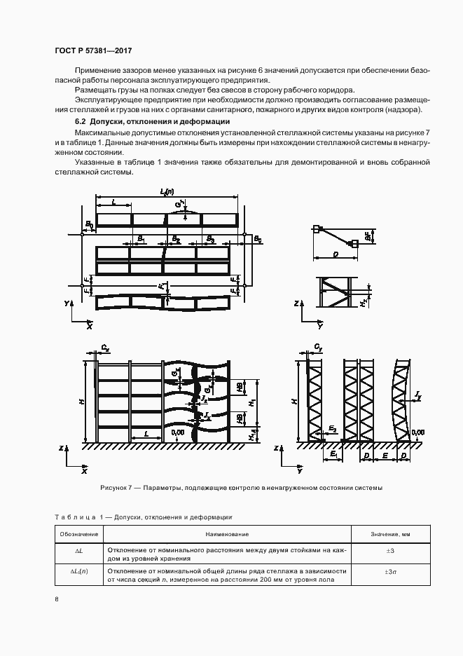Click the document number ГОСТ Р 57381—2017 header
point(93,51)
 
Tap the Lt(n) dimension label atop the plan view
point(167,191)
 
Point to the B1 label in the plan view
point(141,239)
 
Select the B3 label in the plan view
point(210,239)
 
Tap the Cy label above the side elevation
point(317,347)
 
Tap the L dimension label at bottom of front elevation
point(146,435)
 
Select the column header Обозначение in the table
point(79,534)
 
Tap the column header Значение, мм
point(391,534)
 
